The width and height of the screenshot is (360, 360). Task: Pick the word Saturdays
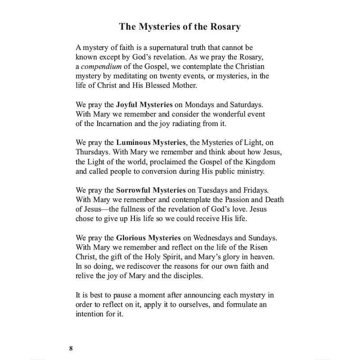pyautogui.click(x=245, y=104)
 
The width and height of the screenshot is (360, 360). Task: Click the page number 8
pyautogui.click(x=71, y=349)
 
